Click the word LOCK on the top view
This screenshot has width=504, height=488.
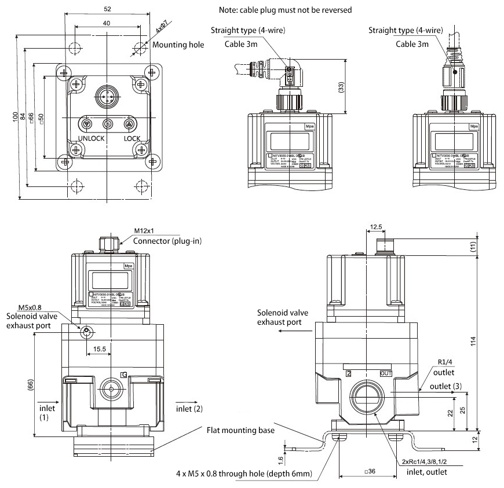pyautogui.click(x=132, y=138)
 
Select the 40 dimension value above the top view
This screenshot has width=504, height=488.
pyautogui.click(x=107, y=23)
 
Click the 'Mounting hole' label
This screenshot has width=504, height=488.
pyautogui.click(x=178, y=45)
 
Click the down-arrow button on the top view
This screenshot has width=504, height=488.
pyautogui.click(x=86, y=124)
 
